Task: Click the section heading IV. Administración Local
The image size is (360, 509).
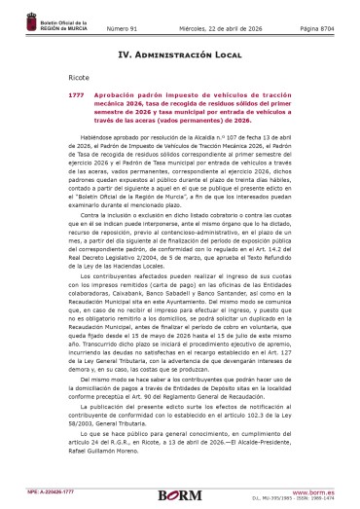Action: click(180, 56)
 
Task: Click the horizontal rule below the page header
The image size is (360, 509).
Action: click(180, 29)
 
